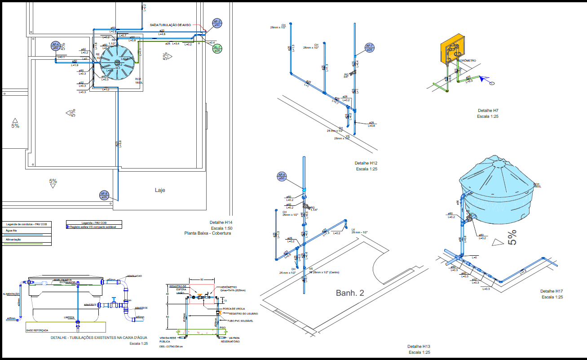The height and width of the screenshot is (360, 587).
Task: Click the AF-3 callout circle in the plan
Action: click(217, 23)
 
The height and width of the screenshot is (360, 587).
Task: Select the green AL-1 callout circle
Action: click(217, 49)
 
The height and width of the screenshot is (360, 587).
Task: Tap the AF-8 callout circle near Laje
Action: click(104, 195)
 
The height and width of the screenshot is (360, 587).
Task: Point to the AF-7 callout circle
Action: click(369, 48)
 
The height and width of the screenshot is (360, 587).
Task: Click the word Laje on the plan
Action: click(160, 190)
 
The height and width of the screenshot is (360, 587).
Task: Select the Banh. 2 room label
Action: click(350, 293)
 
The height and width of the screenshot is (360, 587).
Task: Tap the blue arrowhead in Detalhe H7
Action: click(483, 79)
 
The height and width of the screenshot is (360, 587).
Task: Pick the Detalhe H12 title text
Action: click(366, 163)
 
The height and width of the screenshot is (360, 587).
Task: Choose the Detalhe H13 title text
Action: click(419, 347)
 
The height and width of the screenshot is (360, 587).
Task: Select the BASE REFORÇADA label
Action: click(38, 330)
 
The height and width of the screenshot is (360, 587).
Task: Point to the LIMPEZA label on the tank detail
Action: click(69, 317)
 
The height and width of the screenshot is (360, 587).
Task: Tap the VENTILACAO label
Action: click(134, 276)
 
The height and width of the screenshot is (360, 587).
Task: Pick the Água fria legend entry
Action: click(11, 230)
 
